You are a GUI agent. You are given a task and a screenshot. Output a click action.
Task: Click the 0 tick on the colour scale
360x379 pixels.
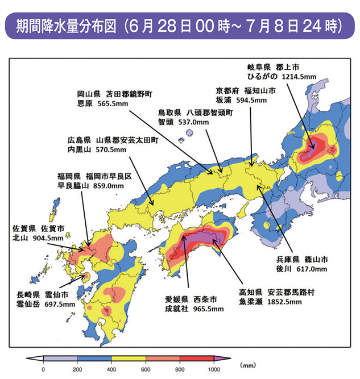coord(43,369)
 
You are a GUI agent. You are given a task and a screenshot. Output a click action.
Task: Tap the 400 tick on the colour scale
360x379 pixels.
coord(111,369)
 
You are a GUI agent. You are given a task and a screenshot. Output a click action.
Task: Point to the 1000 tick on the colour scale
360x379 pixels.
coord(214,369)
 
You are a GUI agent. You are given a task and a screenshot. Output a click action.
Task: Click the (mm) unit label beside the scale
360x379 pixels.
coord(249,365)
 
